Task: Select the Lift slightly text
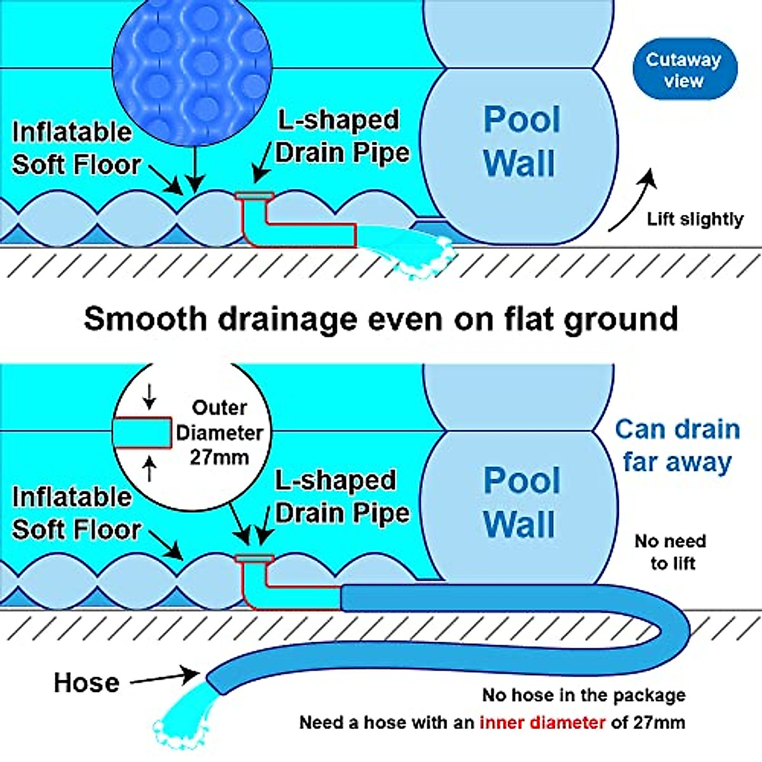click(695, 220)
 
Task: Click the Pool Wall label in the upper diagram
click(521, 141)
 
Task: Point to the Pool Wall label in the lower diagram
click(521, 502)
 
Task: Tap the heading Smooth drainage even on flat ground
click(380, 319)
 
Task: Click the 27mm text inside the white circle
click(219, 457)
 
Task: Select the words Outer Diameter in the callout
click(219, 420)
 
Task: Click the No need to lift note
click(671, 552)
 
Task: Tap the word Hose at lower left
click(86, 683)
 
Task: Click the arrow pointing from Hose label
click(165, 678)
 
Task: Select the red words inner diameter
click(542, 723)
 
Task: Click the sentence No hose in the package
click(584, 695)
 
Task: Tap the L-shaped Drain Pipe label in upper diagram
click(341, 137)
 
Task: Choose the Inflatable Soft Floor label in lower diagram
click(75, 513)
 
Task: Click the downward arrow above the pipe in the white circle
click(149, 398)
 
